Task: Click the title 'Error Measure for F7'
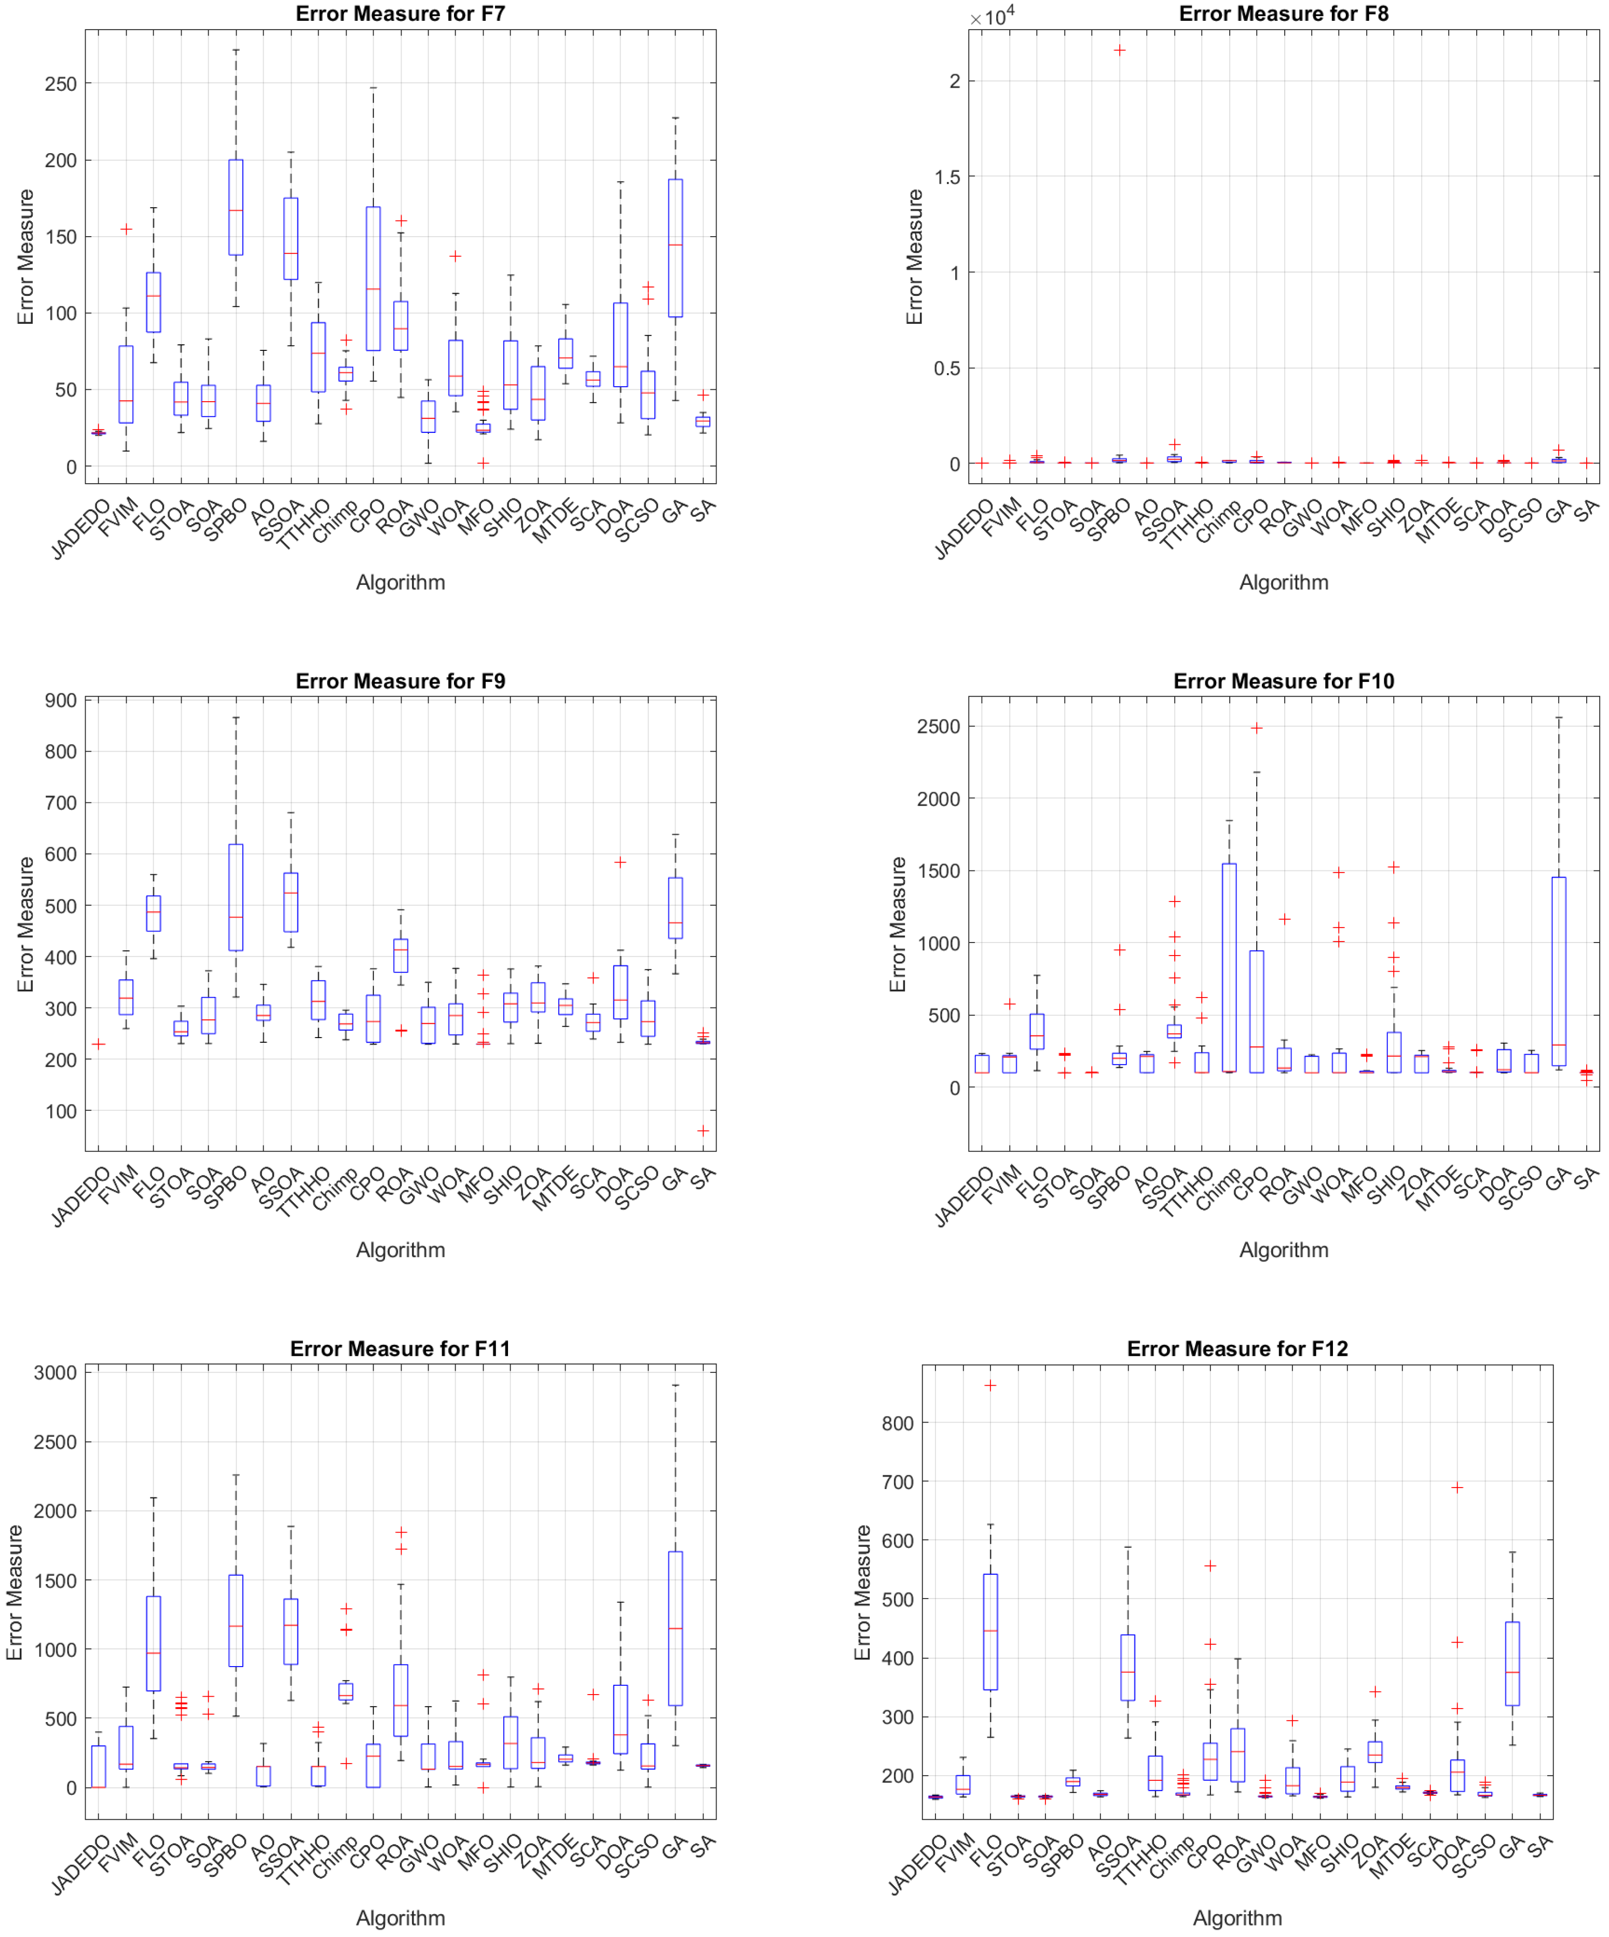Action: pyautogui.click(x=400, y=14)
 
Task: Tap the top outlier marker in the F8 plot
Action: pyautogui.click(x=1119, y=50)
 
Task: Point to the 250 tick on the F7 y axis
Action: pyautogui.click(x=60, y=84)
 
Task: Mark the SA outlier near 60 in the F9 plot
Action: pyautogui.click(x=703, y=1131)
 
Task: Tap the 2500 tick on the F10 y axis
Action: pyautogui.click(x=937, y=727)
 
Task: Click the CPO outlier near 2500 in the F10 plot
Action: pyautogui.click(x=1256, y=728)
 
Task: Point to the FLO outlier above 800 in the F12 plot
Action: pyautogui.click(x=991, y=1385)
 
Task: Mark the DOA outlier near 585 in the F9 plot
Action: pyautogui.click(x=621, y=863)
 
